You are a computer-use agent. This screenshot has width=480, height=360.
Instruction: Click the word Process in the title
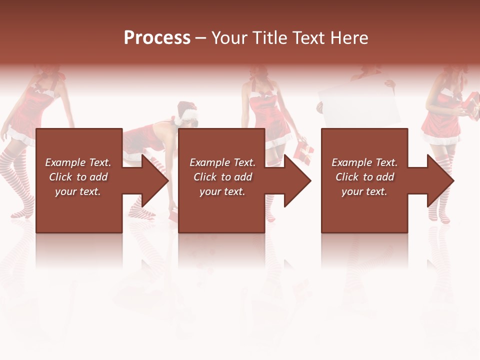(157, 37)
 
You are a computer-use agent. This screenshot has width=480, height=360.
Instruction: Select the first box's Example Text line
(78, 162)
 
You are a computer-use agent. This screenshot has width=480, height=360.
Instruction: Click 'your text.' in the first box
(78, 191)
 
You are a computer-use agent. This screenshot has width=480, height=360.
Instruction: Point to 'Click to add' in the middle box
(222, 177)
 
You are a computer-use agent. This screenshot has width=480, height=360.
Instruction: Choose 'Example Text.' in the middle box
(222, 162)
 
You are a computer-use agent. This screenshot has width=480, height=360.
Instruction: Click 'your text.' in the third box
(364, 191)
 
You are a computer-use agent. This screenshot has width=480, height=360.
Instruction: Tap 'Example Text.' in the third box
(364, 162)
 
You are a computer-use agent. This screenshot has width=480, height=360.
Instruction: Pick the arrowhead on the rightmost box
(439, 180)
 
